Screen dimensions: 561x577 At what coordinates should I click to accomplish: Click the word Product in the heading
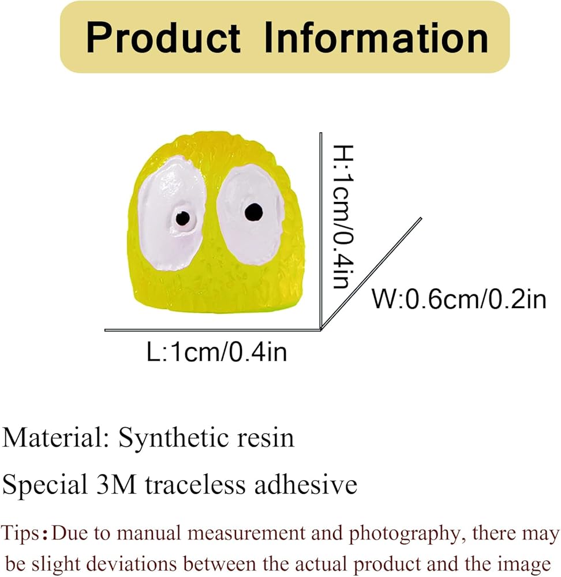163,38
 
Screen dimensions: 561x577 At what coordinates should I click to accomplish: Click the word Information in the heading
376,38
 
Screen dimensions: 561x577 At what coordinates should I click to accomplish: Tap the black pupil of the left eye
182,218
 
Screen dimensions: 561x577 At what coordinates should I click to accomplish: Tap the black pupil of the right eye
252,212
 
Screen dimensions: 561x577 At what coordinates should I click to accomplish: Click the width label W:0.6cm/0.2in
458,299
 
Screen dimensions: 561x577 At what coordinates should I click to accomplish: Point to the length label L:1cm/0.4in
217,352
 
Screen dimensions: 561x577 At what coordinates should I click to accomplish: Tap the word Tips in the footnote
23,533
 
